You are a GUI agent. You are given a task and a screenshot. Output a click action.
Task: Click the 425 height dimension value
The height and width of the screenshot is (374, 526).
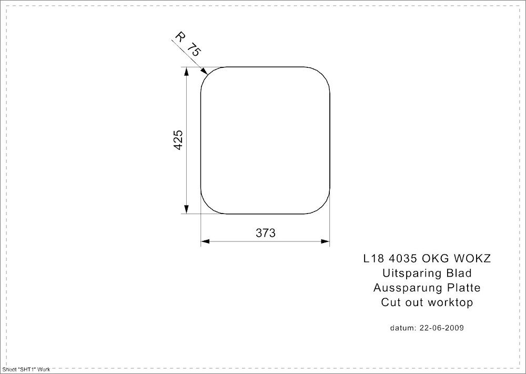pos(178,140)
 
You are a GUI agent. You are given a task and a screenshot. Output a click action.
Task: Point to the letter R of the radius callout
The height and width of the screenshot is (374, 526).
pos(179,37)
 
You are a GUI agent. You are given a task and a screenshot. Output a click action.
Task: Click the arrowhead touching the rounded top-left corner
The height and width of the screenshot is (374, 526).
pos(205,70)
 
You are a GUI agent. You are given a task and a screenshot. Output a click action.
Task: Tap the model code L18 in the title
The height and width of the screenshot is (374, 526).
pos(372,259)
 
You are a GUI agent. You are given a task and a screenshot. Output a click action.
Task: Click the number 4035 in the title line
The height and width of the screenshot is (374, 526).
pos(401,259)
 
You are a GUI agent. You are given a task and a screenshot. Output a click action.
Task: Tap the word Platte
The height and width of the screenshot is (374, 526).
pos(463,288)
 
